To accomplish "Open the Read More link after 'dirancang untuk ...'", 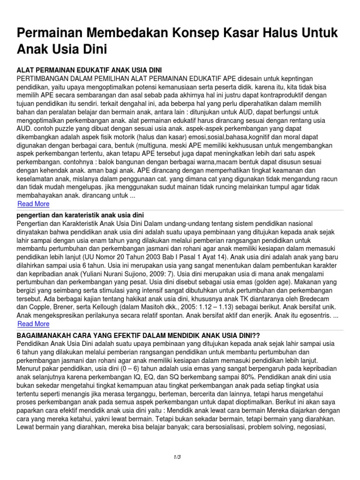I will click(x=33, y=204).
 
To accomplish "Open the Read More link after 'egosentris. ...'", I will click(x=33, y=324).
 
